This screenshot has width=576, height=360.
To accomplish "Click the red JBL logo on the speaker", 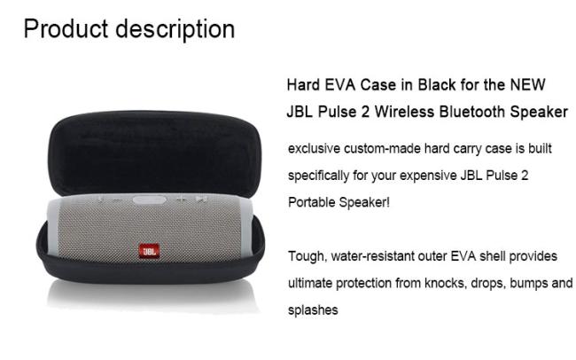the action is (149, 251).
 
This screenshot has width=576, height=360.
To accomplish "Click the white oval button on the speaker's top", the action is (150, 200).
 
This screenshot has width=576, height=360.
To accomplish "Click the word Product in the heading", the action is (66, 29).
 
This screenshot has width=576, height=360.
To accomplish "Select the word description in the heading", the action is (175, 30).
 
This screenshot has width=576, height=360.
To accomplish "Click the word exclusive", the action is (314, 149).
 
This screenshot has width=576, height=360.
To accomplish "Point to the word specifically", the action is (318, 176).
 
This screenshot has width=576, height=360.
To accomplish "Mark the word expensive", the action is (428, 176).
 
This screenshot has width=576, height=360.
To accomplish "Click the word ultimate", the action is (309, 283).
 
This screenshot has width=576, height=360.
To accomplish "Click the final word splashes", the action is (313, 310).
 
